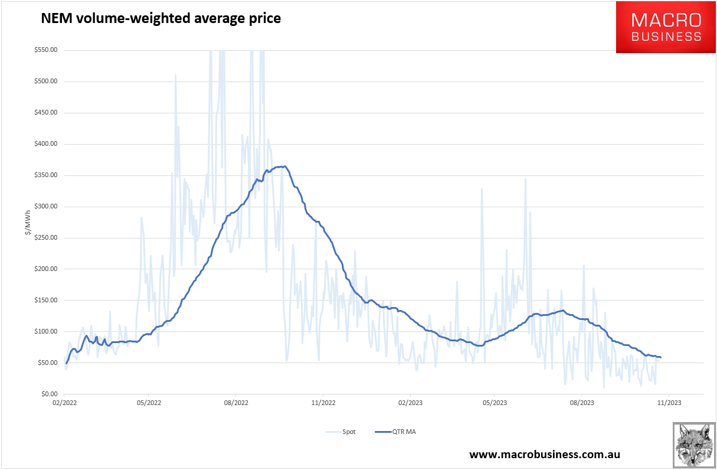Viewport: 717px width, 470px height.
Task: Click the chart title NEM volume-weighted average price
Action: tap(161, 18)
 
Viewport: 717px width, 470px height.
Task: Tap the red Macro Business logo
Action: tap(666, 27)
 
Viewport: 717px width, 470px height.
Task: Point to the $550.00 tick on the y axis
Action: tap(45, 50)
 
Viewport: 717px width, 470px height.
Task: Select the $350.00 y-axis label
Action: tap(45, 175)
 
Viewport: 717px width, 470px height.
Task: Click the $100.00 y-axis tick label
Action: tap(45, 331)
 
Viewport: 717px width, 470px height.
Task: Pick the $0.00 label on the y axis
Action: tap(48, 394)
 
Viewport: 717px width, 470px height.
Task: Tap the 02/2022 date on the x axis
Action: tap(64, 403)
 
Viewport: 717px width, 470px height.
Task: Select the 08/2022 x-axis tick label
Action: tap(235, 403)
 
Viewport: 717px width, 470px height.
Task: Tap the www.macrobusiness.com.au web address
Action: tap(545, 455)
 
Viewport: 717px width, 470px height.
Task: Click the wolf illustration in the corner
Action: tap(694, 445)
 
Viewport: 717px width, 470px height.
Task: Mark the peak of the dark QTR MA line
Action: tap(285, 166)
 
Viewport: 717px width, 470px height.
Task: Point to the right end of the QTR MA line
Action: tap(661, 357)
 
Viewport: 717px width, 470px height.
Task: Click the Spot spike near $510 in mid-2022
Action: tap(175, 76)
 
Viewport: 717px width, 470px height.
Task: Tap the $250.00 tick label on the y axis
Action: tap(45, 238)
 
